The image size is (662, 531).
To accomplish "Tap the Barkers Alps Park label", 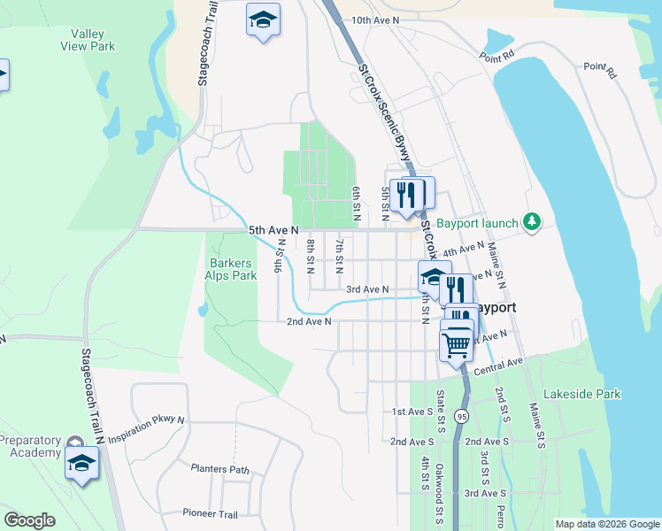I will (231, 269).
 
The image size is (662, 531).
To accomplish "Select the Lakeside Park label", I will (581, 394).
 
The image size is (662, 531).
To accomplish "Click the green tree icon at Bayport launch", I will (533, 220).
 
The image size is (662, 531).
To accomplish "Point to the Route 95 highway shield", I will (461, 415).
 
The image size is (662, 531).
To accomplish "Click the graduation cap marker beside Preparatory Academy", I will (82, 463).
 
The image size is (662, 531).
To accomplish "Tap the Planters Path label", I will (219, 469).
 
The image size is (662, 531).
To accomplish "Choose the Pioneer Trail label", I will (210, 513).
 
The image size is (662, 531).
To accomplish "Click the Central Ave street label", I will (499, 366).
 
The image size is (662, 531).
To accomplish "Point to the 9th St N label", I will (280, 255).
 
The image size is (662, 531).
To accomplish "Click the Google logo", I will (29, 520).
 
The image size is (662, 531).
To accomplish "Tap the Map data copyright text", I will (606, 524).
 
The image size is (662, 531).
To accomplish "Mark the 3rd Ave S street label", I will (485, 493).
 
